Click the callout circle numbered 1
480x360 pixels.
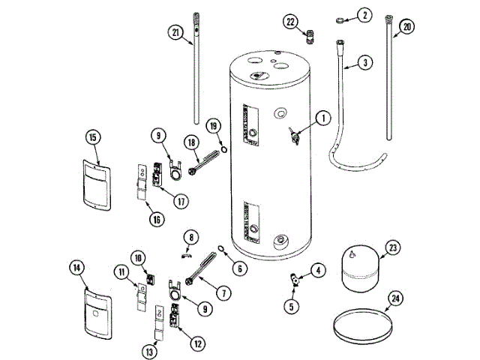coord(320,117)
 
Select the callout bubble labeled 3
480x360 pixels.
coord(365,63)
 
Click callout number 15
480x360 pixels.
coord(93,137)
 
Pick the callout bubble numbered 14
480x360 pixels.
coord(76,266)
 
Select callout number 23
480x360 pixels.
coord(393,248)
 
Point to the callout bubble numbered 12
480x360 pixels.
coord(197,343)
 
